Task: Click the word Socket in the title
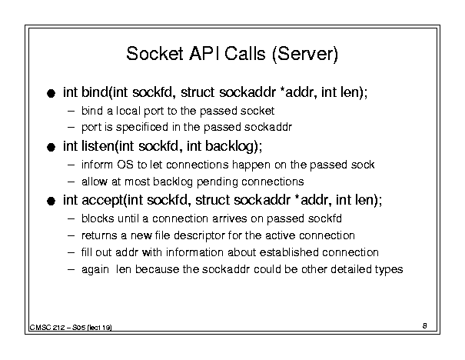(x=154, y=54)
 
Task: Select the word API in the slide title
(x=204, y=54)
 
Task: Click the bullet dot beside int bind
(x=51, y=94)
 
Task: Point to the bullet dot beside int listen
(x=51, y=147)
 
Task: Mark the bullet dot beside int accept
(x=51, y=202)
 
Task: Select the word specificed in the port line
(x=142, y=128)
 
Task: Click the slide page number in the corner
(x=425, y=326)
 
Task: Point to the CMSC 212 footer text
(x=71, y=328)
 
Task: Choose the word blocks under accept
(x=98, y=218)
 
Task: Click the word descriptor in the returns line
(x=200, y=235)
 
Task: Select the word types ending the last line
(x=389, y=270)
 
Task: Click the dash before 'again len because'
(x=71, y=269)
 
